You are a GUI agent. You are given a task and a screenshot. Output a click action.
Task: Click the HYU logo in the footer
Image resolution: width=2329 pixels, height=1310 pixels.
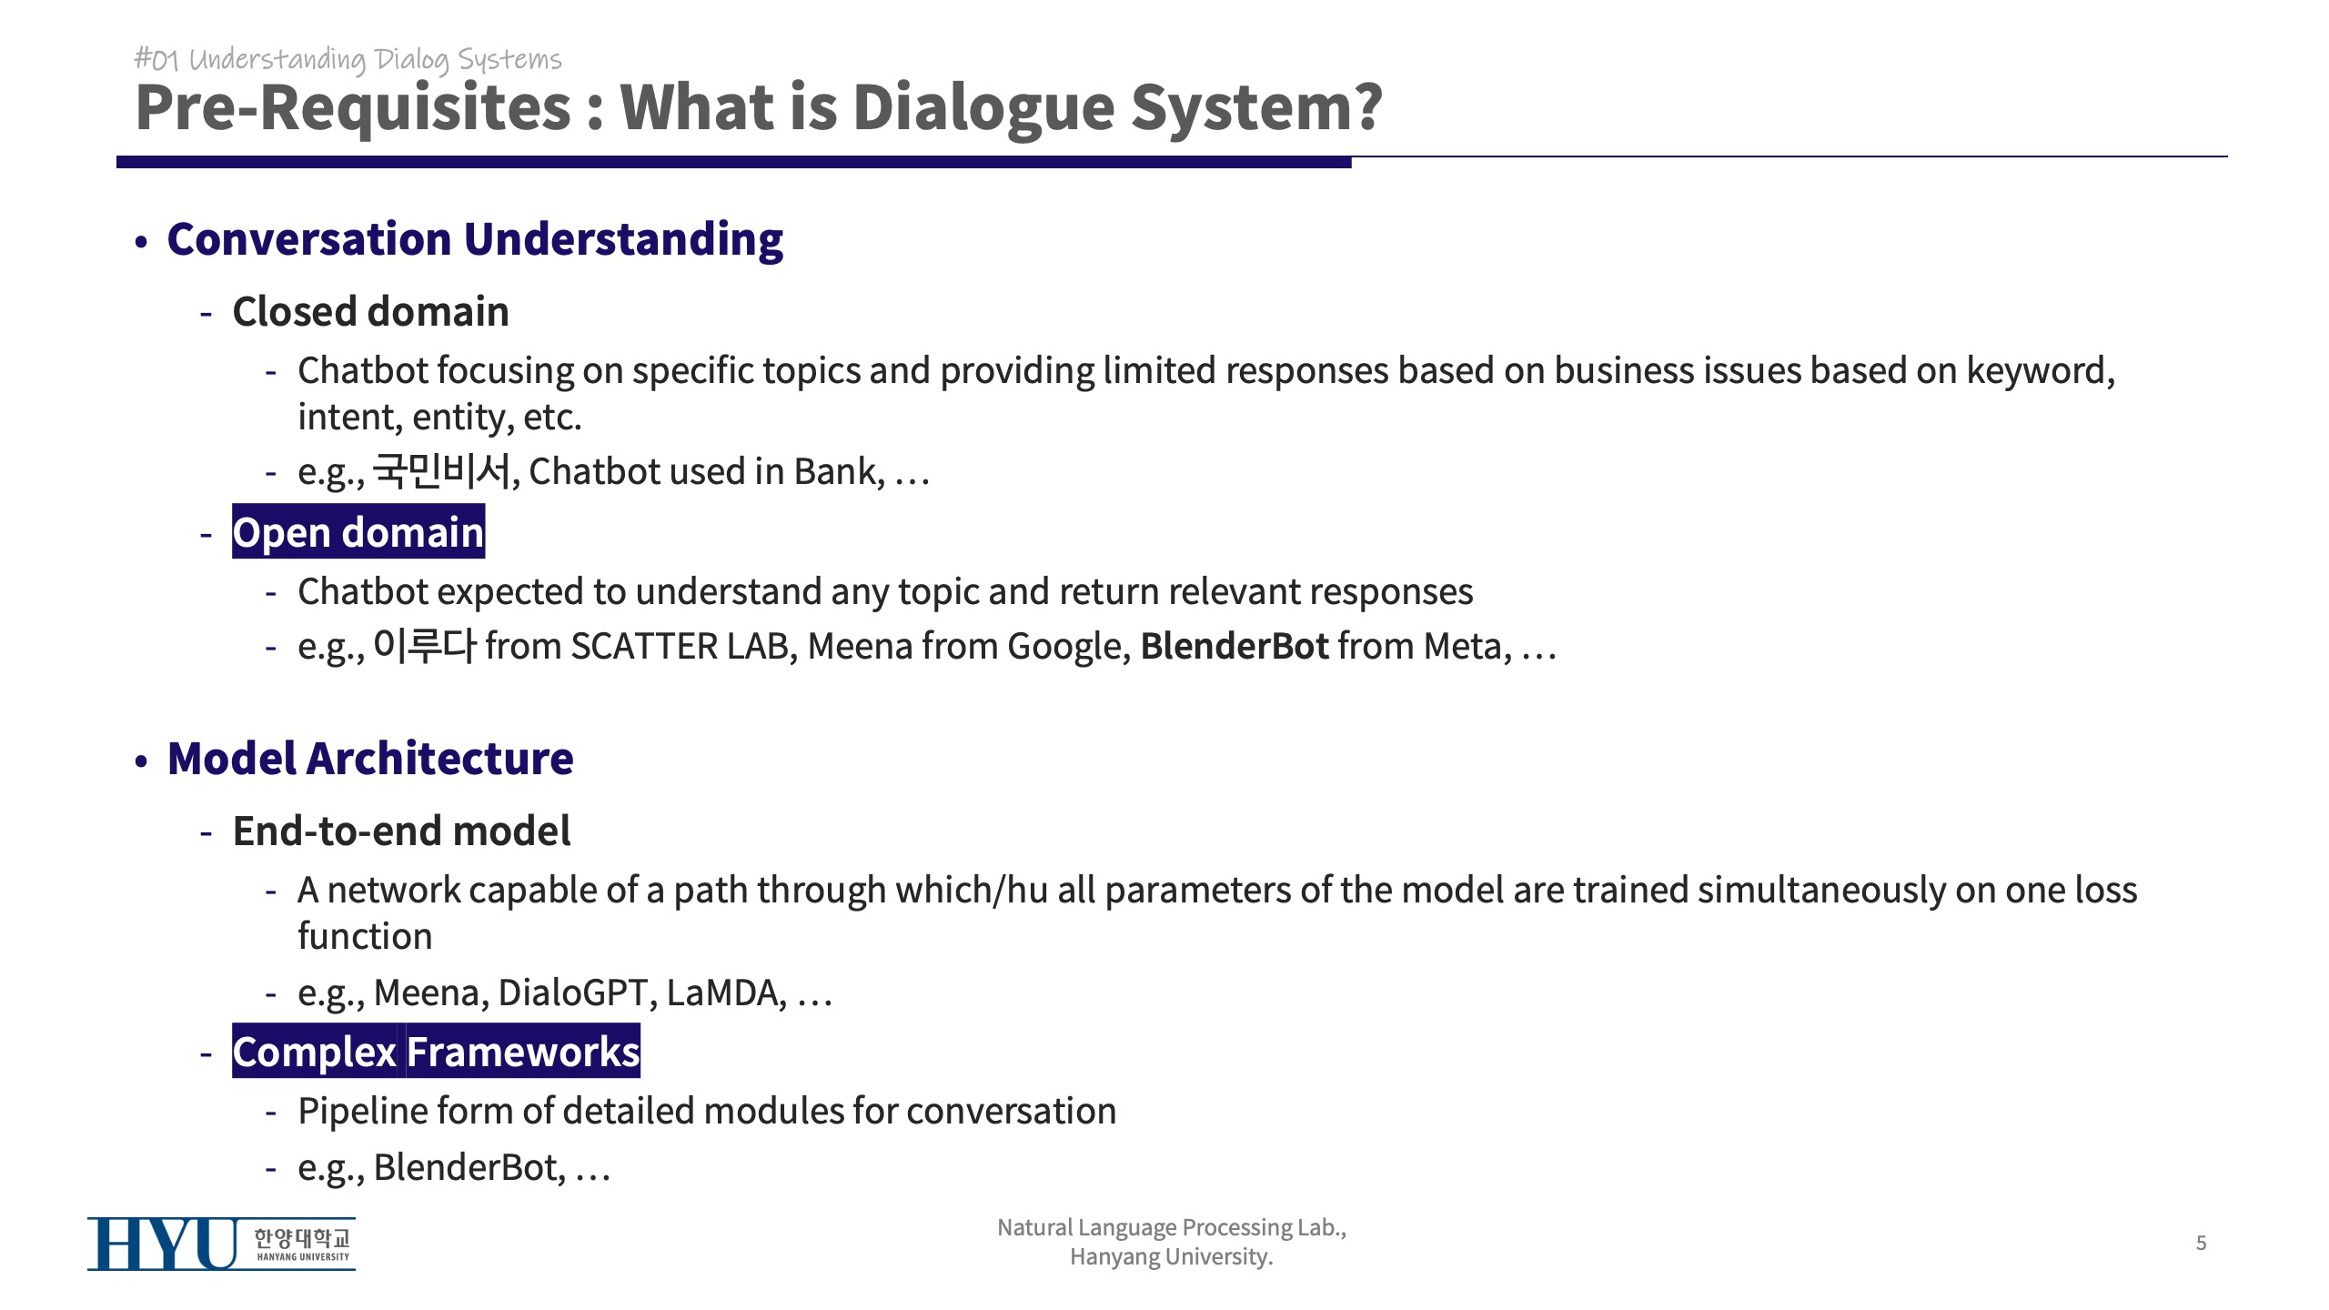(221, 1244)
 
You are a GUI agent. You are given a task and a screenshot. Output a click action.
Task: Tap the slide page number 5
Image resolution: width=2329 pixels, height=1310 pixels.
(2201, 1243)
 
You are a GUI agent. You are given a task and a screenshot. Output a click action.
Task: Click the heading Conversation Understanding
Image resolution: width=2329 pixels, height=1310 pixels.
(475, 239)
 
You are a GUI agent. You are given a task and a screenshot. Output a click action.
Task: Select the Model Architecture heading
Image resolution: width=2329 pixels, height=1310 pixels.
(370, 759)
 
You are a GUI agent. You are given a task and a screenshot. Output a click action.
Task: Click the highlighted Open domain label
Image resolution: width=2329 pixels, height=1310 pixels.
(358, 531)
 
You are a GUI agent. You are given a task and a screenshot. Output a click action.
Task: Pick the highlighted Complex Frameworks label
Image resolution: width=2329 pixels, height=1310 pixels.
(436, 1051)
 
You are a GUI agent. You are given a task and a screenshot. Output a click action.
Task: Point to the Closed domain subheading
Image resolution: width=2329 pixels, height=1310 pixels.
(370, 312)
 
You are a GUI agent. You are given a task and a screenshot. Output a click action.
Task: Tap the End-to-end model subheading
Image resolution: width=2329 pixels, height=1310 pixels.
(401, 831)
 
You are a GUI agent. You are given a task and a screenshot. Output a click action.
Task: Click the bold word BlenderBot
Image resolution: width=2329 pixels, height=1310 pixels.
(1235, 646)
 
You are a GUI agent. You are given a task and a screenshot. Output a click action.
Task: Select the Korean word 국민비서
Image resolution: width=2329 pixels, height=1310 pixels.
(442, 470)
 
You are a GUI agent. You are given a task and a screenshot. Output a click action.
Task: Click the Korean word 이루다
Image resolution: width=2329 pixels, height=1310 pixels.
(425, 645)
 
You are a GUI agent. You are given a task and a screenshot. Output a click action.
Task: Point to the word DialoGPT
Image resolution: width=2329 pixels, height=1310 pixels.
(573, 993)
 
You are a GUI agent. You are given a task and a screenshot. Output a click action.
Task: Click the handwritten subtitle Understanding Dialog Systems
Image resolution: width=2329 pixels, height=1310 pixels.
(375, 60)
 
